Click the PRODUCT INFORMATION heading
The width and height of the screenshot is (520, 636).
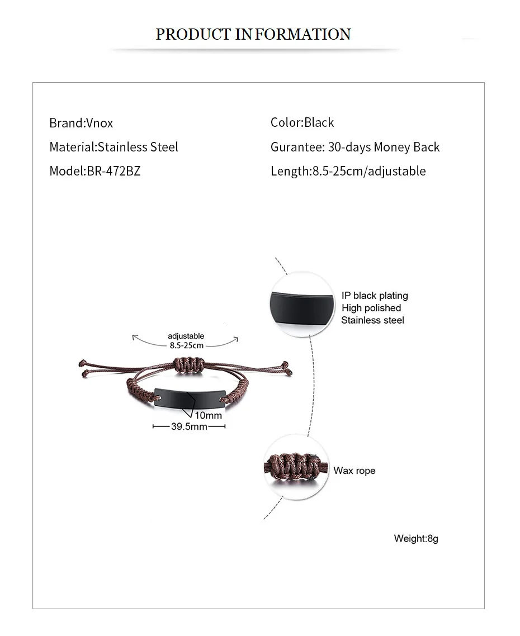coord(253,34)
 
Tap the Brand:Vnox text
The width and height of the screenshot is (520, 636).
coord(81,123)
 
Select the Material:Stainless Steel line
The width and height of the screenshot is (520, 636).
coord(114,147)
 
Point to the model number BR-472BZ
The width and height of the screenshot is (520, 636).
coord(114,171)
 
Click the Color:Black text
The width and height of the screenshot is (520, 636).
coord(302,122)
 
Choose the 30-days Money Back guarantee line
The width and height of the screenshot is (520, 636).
coord(355,147)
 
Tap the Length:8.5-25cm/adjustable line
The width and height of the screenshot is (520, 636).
coord(348,171)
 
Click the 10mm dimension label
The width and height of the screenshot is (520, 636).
coord(208,415)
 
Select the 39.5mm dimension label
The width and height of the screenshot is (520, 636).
coord(189,426)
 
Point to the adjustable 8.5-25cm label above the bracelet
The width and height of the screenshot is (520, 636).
coord(186,340)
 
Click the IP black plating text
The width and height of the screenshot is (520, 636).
coord(375,296)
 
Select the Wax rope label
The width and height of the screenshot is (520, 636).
coord(354,471)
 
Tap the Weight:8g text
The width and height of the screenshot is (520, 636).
coord(416,539)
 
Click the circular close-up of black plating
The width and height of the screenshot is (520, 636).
coord(302,304)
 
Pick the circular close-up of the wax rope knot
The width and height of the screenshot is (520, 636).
coord(294,467)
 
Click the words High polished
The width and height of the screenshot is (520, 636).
coord(371,308)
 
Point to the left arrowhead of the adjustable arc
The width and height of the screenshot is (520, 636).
coord(134,336)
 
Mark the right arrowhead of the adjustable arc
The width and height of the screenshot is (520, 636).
coord(237,338)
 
